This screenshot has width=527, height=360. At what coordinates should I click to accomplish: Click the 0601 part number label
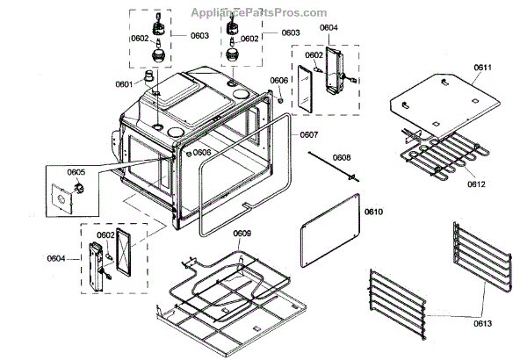[x=123, y=83]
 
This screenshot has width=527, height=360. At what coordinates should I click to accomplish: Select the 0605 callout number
[x=76, y=172]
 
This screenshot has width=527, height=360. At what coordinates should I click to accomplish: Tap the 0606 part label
[x=278, y=80]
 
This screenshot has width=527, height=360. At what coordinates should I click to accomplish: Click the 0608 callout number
[x=343, y=158]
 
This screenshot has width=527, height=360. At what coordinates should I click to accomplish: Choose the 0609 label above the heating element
[x=242, y=233]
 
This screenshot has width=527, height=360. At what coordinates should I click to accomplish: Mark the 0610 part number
[x=374, y=212]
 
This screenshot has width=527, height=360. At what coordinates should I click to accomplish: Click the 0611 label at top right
[x=484, y=67]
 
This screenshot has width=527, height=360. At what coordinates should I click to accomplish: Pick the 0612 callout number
[x=476, y=184]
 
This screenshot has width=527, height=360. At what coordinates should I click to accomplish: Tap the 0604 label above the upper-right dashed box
[x=328, y=27]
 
